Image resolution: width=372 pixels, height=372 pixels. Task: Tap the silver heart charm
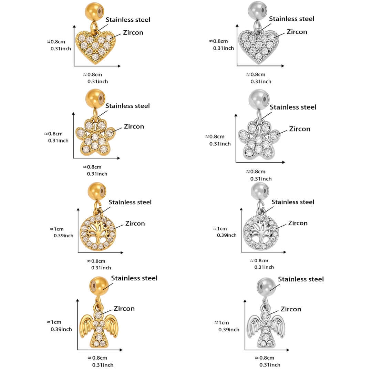[258, 47]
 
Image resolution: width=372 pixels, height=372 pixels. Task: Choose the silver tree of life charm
[261, 232]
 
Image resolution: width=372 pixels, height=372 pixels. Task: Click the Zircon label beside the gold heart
[133, 33]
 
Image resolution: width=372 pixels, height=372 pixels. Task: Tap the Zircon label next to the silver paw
[300, 129]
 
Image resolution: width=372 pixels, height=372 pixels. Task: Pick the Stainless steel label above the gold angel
[134, 278]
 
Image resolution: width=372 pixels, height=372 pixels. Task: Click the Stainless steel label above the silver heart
[292, 19]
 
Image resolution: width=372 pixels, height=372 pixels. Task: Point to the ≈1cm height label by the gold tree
[57, 229]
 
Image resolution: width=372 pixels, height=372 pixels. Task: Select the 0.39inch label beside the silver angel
[229, 330]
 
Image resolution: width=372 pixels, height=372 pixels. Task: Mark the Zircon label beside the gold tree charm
[135, 223]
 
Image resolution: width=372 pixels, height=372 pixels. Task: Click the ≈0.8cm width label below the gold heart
[92, 74]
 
